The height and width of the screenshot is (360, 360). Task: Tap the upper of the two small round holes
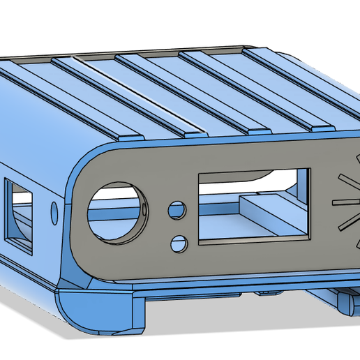(178, 209)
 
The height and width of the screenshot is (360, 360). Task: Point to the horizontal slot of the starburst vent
(346, 202)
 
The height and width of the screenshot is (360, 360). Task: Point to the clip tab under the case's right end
(343, 301)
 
